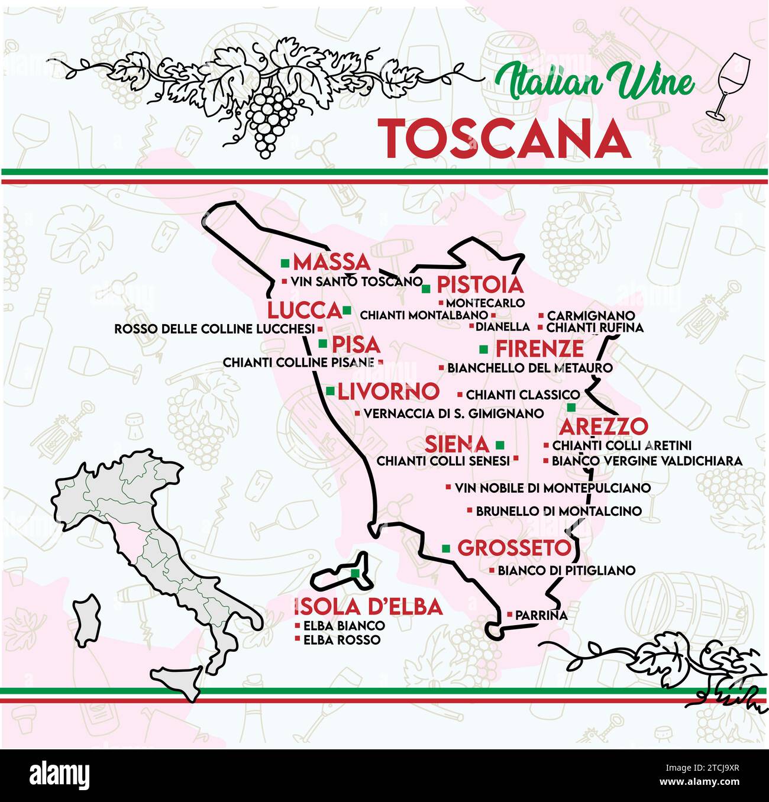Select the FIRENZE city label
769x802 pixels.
539,348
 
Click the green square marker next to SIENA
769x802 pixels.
500,444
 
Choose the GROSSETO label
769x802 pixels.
514,548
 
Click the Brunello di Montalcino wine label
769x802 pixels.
558,510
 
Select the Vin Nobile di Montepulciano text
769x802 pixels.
552,488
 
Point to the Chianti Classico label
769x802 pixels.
522,394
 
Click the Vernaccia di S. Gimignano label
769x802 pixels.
453,413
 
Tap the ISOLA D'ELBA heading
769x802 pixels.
368,606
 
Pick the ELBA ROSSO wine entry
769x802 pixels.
341,639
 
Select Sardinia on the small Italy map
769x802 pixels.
86,621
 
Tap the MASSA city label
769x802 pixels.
331,262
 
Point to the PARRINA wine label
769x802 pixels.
541,615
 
